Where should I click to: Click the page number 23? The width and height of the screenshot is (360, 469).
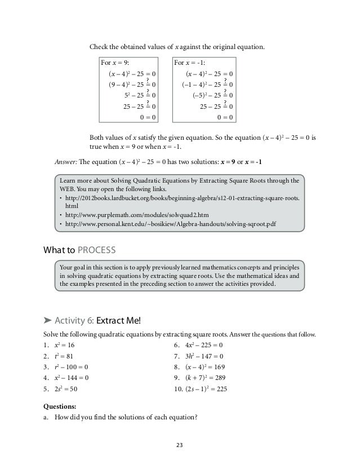(x=180, y=444)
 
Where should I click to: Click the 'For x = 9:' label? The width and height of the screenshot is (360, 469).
(x=115, y=63)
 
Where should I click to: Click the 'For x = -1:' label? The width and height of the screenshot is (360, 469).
(x=191, y=63)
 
